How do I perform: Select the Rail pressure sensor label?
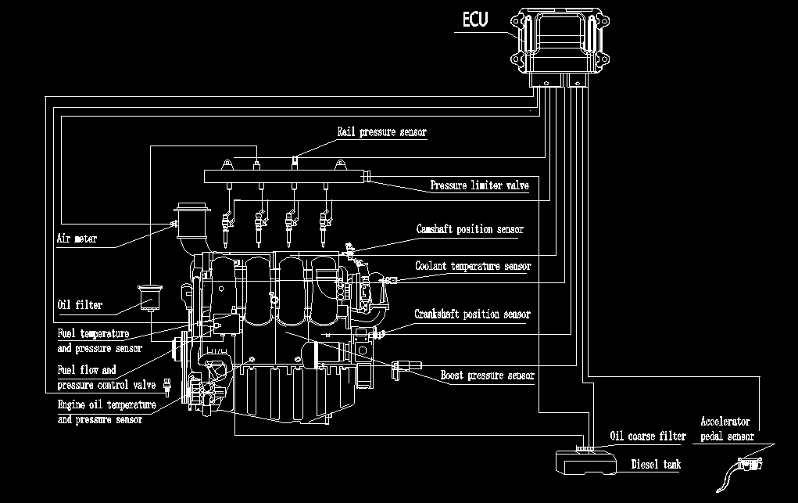pyautogui.click(x=381, y=132)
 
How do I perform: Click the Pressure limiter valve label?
pyautogui.click(x=479, y=186)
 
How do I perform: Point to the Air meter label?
pyautogui.click(x=77, y=239)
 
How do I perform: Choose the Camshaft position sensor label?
pyautogui.click(x=469, y=230)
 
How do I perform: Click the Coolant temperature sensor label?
pyautogui.click(x=473, y=267)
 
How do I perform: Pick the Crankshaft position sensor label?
pyautogui.click(x=472, y=314)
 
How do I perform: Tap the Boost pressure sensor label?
pyautogui.click(x=487, y=375)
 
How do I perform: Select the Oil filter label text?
pyautogui.click(x=80, y=304)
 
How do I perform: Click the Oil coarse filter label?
pyautogui.click(x=647, y=437)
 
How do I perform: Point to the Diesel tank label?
pyautogui.click(x=655, y=465)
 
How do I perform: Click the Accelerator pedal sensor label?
pyautogui.click(x=727, y=429)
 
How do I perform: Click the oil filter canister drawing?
pyautogui.click(x=148, y=300)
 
